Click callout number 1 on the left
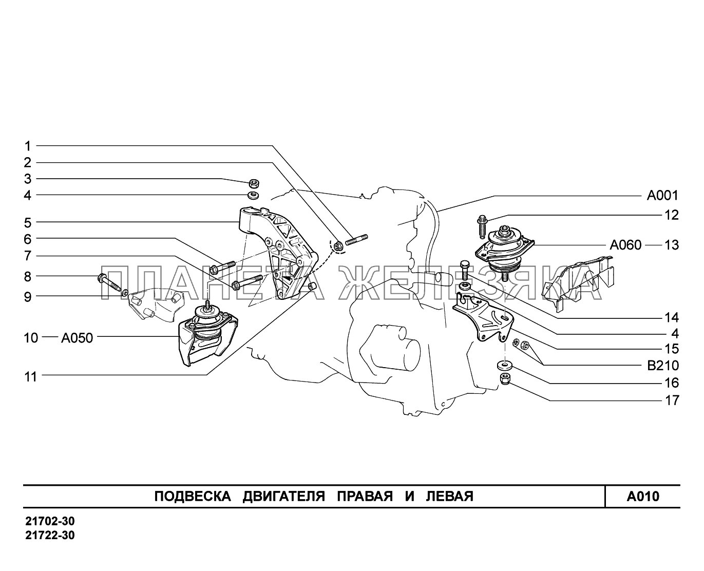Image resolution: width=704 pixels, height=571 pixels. [x=28, y=146]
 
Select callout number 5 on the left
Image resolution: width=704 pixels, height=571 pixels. [x=28, y=223]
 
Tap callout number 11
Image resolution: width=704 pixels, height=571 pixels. [x=31, y=377]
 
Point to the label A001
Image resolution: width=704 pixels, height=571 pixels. [x=662, y=196]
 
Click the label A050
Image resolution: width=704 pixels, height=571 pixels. [x=77, y=338]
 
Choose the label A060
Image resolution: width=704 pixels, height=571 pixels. [x=625, y=245]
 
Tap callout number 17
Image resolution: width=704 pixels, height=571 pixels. [x=672, y=401]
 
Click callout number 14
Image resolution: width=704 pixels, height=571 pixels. [x=672, y=317]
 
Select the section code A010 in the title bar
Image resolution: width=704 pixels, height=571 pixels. [x=643, y=497]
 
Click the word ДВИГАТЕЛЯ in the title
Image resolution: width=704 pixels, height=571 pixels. [x=284, y=497]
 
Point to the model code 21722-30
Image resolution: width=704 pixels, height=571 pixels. [x=50, y=535]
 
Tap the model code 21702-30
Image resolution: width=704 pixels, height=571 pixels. [x=50, y=521]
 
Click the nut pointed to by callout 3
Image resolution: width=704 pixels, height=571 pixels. [x=254, y=182]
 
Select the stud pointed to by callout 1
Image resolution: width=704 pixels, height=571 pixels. [x=356, y=240]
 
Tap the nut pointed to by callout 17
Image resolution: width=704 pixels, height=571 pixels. [x=504, y=378]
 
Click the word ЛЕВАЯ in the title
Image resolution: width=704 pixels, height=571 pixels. [x=450, y=497]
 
